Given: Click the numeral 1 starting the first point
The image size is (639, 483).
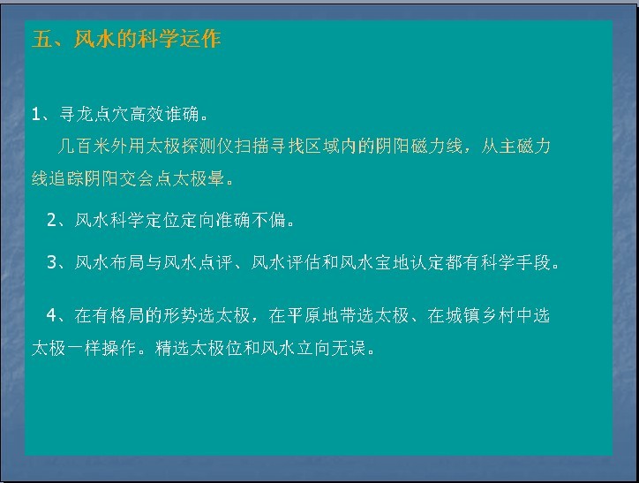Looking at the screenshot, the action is click(x=36, y=115).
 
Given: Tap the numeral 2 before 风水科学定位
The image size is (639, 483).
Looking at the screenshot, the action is click(x=52, y=221).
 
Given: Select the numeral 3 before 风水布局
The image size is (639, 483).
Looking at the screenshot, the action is click(x=52, y=263).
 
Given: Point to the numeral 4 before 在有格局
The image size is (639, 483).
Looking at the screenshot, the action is click(x=52, y=315).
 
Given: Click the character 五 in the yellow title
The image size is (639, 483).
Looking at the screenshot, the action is click(x=41, y=39).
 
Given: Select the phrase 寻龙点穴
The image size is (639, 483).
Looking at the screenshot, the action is click(x=94, y=115).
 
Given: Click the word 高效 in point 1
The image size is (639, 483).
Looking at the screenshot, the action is click(x=147, y=115).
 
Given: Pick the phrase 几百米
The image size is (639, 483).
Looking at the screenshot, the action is click(x=84, y=146).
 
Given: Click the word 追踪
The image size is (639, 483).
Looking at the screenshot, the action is click(x=66, y=178).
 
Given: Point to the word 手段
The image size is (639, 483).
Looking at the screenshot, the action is click(x=533, y=263).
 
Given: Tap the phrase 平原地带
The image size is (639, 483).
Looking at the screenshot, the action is click(x=322, y=315).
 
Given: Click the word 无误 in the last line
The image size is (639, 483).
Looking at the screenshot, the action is click(x=349, y=348).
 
